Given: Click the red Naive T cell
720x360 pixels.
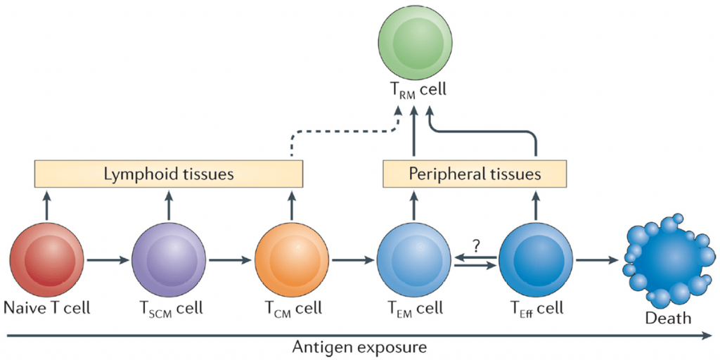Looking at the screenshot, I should click(x=47, y=260).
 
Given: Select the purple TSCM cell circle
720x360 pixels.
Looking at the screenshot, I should click(x=169, y=260).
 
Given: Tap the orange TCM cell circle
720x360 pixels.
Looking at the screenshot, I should click(x=290, y=260).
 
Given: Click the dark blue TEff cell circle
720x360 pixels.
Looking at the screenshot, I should click(x=536, y=260).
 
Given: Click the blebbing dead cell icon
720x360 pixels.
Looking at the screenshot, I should click(x=667, y=260).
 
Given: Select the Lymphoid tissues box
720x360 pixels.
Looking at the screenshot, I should click(x=169, y=173).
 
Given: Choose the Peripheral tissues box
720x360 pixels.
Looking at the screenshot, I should click(x=475, y=173).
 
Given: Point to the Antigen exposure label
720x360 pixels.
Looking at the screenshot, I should click(x=361, y=347).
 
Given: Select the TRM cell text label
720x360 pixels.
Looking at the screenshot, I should click(x=413, y=90).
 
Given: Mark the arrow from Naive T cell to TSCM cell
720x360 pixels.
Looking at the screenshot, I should click(x=108, y=260).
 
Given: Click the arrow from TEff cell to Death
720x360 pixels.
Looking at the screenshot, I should click(x=596, y=260).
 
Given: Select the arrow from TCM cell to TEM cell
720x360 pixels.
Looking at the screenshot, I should click(x=352, y=260).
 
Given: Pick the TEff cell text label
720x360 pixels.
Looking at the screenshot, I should click(x=536, y=308).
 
